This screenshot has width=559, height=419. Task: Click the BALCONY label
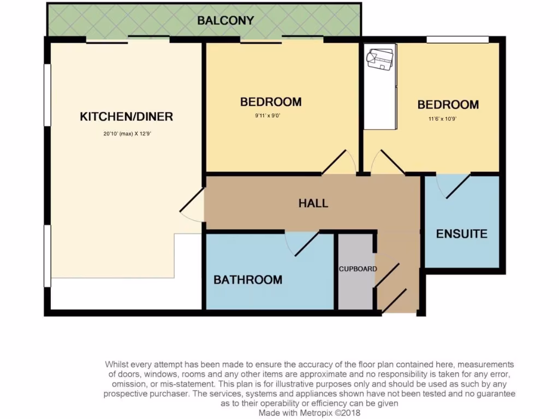coord(225,21)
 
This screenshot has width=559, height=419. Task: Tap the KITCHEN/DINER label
coord(126,116)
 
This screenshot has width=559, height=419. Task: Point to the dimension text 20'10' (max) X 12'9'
coord(127,133)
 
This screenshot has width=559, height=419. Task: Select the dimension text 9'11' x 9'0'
coord(271,116)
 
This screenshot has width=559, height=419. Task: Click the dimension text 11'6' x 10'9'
coord(442,118)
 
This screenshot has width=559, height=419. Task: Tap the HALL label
coord(313,203)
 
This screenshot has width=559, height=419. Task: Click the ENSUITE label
coord(461,234)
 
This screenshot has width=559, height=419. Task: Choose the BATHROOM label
coord(248,280)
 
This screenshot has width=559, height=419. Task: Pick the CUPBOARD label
coord(358,269)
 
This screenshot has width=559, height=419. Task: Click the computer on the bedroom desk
coord(380,58)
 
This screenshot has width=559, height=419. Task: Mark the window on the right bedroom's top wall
coord(457,39)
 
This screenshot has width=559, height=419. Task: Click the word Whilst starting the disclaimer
coord(117,364)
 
